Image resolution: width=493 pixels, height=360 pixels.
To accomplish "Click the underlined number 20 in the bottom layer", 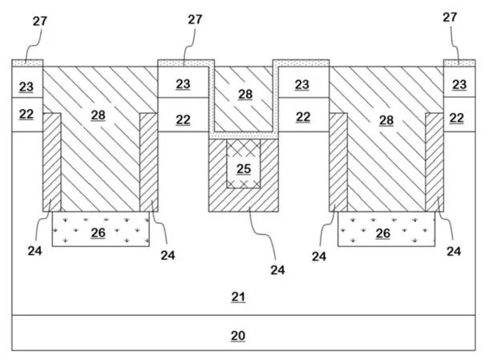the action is [x=238, y=336].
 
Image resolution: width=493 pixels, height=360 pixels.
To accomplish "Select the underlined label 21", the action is [x=238, y=297].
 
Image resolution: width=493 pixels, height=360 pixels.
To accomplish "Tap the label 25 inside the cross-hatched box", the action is [x=244, y=169].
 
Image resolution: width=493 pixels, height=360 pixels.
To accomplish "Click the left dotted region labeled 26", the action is [x=101, y=229].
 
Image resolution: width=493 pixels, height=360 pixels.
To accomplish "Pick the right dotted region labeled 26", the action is [x=386, y=229].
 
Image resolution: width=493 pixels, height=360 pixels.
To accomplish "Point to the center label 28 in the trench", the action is [x=245, y=94].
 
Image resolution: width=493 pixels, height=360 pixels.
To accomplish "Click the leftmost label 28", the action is [x=98, y=115].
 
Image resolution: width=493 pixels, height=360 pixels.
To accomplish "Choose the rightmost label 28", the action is [x=386, y=120].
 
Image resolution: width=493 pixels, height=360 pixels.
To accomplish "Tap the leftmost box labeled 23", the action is [x=27, y=82].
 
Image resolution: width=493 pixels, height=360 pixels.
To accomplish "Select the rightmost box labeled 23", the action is [x=459, y=82].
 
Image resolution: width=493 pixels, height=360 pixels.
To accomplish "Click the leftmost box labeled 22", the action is [x=27, y=115].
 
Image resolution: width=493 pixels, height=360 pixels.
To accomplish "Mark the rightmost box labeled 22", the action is [x=459, y=115].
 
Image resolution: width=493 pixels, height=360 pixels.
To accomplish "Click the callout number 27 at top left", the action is [x=40, y=22].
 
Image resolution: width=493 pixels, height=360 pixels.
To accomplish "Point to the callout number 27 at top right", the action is [x=450, y=18].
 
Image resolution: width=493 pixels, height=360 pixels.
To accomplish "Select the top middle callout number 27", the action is [x=195, y=19].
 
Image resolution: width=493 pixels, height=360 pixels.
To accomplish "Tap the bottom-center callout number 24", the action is [x=277, y=269].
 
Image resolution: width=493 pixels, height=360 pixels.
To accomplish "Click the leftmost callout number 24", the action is [x=34, y=251].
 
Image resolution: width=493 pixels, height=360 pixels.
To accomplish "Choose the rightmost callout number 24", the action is [x=454, y=251].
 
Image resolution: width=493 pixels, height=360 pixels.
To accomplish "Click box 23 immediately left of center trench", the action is [x=184, y=82].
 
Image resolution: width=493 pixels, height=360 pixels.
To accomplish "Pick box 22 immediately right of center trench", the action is [x=304, y=115].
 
